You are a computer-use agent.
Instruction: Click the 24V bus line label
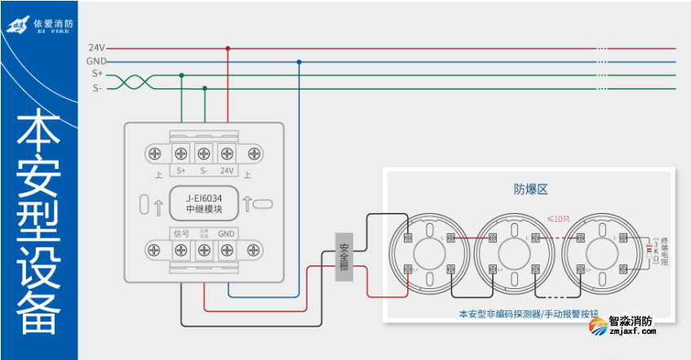[x=95, y=48]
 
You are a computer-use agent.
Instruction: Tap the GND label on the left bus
[x=95, y=61]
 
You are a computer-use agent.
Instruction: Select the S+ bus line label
[x=96, y=74]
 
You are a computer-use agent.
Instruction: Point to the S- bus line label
[x=96, y=88]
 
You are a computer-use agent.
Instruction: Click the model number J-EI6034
[x=204, y=197]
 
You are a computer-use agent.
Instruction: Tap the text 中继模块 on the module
[x=204, y=210]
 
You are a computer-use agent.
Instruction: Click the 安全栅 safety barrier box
[x=344, y=257]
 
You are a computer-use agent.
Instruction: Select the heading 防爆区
[x=529, y=189]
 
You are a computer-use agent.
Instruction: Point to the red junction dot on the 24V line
[x=228, y=48]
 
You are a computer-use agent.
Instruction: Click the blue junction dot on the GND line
[x=299, y=61]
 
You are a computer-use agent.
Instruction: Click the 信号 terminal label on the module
[x=180, y=233]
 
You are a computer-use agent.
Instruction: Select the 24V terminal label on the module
[x=227, y=171]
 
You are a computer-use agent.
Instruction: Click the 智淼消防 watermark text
[x=631, y=321]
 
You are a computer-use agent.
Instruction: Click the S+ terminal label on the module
[x=181, y=171]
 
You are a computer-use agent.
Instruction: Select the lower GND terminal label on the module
[x=227, y=233]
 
